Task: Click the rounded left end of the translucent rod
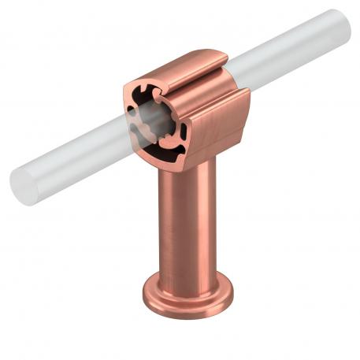pos(20,184)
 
